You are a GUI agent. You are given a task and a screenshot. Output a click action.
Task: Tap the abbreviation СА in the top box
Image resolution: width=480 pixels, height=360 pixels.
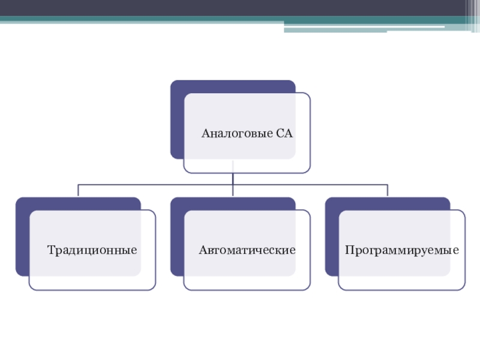[x=284, y=133]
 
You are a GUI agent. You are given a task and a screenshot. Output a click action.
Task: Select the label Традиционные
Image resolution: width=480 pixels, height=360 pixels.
[x=92, y=248]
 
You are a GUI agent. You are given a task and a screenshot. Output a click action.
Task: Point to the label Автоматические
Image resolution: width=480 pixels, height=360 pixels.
[x=247, y=248]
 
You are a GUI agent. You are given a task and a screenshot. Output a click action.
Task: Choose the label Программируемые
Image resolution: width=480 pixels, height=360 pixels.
[x=402, y=248]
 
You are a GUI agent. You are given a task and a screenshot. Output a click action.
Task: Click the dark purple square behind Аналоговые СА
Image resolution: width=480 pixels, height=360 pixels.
[x=176, y=120]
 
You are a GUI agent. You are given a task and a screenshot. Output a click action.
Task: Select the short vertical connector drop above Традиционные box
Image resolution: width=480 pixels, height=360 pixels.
[x=79, y=191]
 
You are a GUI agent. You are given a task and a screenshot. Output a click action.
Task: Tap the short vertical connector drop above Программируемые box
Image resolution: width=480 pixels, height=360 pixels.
[x=388, y=191]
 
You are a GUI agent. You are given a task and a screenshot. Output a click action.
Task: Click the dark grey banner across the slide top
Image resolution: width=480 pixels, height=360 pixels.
[x=240, y=8]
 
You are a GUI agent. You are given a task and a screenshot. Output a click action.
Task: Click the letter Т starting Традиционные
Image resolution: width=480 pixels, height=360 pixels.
[x=50, y=248]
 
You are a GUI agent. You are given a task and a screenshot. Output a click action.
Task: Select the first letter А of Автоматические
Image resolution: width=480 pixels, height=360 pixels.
[x=203, y=248]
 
